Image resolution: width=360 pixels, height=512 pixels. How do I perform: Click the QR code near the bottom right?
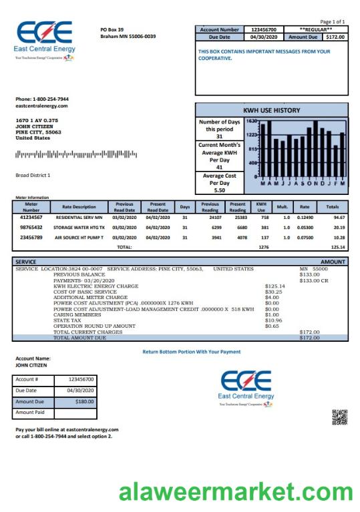tap(339, 417)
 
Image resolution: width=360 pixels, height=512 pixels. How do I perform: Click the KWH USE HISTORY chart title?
tap(272, 110)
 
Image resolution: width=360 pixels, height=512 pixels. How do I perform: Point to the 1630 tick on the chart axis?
tap(252, 121)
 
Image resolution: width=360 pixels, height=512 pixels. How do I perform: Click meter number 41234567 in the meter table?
tap(31, 217)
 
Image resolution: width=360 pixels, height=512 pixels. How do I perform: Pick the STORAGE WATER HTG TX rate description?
tap(79, 227)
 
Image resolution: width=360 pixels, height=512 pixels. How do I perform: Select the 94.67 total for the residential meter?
tap(338, 217)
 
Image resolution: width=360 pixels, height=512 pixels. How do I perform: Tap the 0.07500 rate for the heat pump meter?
tap(305, 237)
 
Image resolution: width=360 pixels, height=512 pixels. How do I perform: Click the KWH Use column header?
tap(261, 206)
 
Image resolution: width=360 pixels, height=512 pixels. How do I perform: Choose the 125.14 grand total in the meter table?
tap(338, 247)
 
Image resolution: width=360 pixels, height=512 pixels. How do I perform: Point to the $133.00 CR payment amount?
tap(313, 280)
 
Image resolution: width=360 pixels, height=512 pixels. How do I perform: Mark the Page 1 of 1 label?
tap(333, 21)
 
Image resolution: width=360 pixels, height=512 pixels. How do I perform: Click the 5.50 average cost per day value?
tap(219, 190)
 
